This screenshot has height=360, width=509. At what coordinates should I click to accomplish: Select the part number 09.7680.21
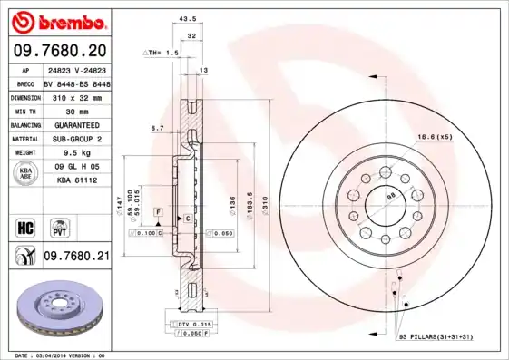(76, 257)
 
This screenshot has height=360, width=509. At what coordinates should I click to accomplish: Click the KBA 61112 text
(76, 180)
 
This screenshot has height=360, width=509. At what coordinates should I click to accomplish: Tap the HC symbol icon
(24, 225)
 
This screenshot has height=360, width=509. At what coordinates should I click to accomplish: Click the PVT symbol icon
(59, 225)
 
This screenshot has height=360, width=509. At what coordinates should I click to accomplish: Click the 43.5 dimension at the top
(188, 19)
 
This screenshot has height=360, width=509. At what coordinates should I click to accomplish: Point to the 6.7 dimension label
(157, 129)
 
